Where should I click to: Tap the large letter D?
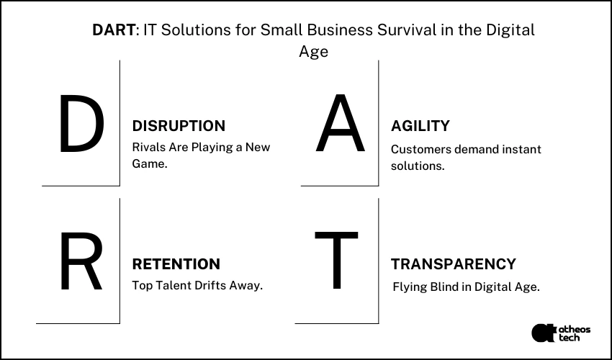[x=81, y=126]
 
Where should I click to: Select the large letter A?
[x=340, y=126]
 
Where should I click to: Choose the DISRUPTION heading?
[x=179, y=126]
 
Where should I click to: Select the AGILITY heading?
[x=420, y=126]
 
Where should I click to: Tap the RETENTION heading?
[x=176, y=264]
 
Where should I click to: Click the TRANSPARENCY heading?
[x=454, y=264]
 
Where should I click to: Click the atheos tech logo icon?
[x=542, y=333]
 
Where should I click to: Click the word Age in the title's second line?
[x=313, y=52]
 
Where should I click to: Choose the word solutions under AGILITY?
[x=418, y=166]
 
